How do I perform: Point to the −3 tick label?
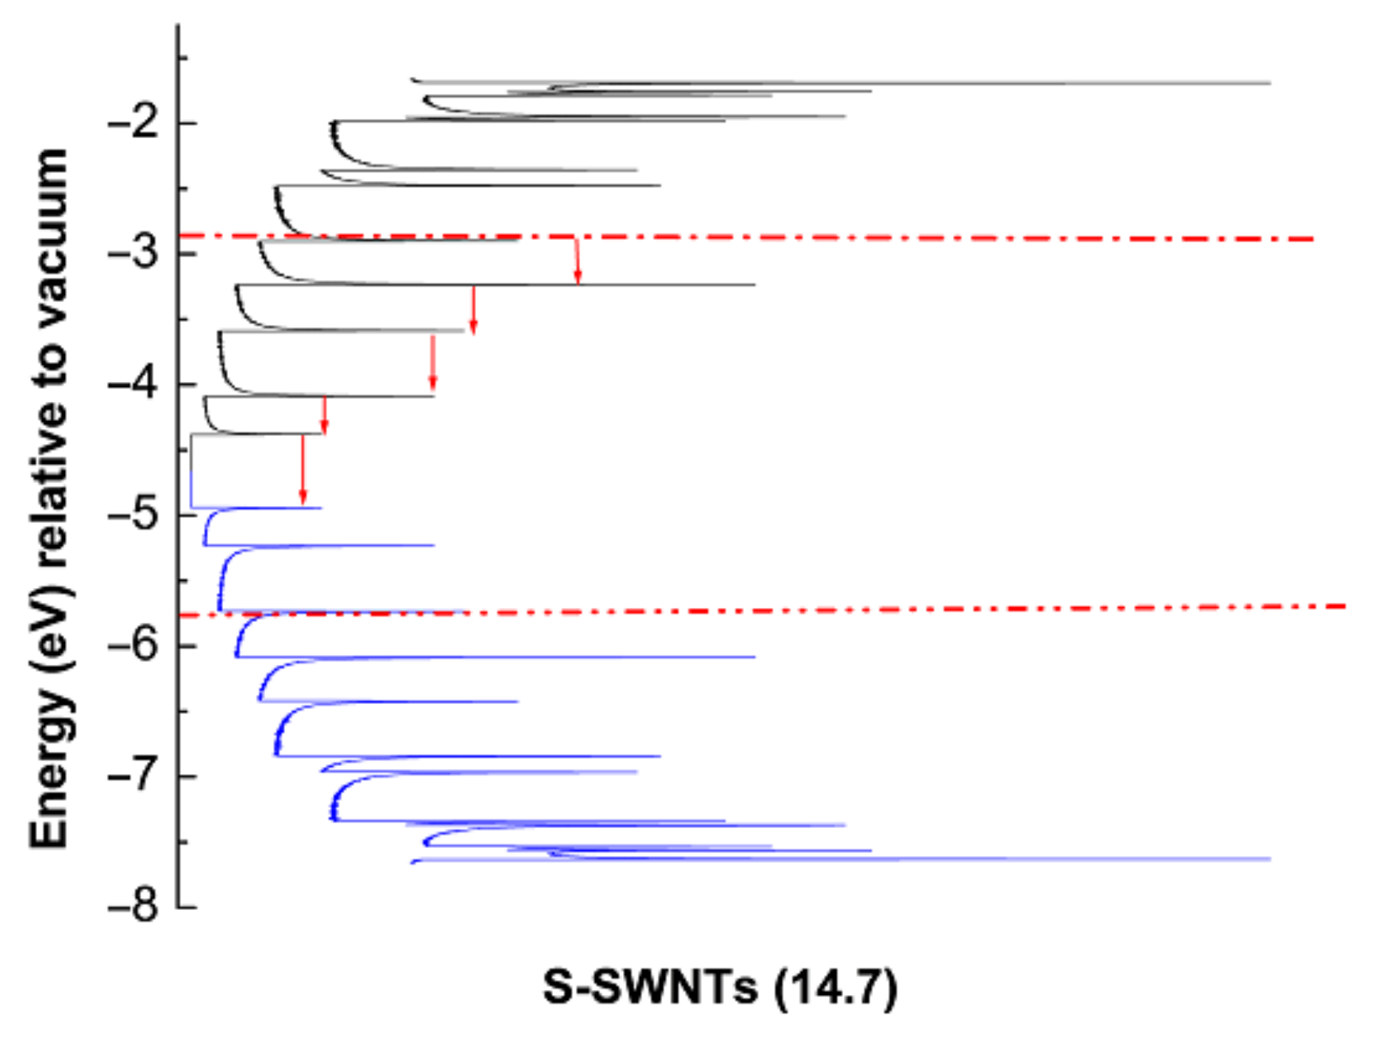point(133,253)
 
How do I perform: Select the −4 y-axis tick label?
point(133,383)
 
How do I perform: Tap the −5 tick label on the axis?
point(133,514)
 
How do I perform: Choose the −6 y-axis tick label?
point(133,645)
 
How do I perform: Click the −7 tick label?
point(133,776)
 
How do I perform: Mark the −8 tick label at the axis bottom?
point(133,906)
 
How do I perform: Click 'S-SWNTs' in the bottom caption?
point(650,987)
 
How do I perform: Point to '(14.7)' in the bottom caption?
point(836,987)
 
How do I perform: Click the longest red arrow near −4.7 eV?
point(302,470)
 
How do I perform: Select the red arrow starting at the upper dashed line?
point(577,260)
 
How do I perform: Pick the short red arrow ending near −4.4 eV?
point(324,415)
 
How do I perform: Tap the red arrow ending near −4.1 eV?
point(433,362)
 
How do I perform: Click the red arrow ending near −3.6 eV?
point(473,309)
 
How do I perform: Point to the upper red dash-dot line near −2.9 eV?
point(886,239)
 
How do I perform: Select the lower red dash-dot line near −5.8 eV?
point(886,609)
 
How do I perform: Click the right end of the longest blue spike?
point(1268,858)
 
